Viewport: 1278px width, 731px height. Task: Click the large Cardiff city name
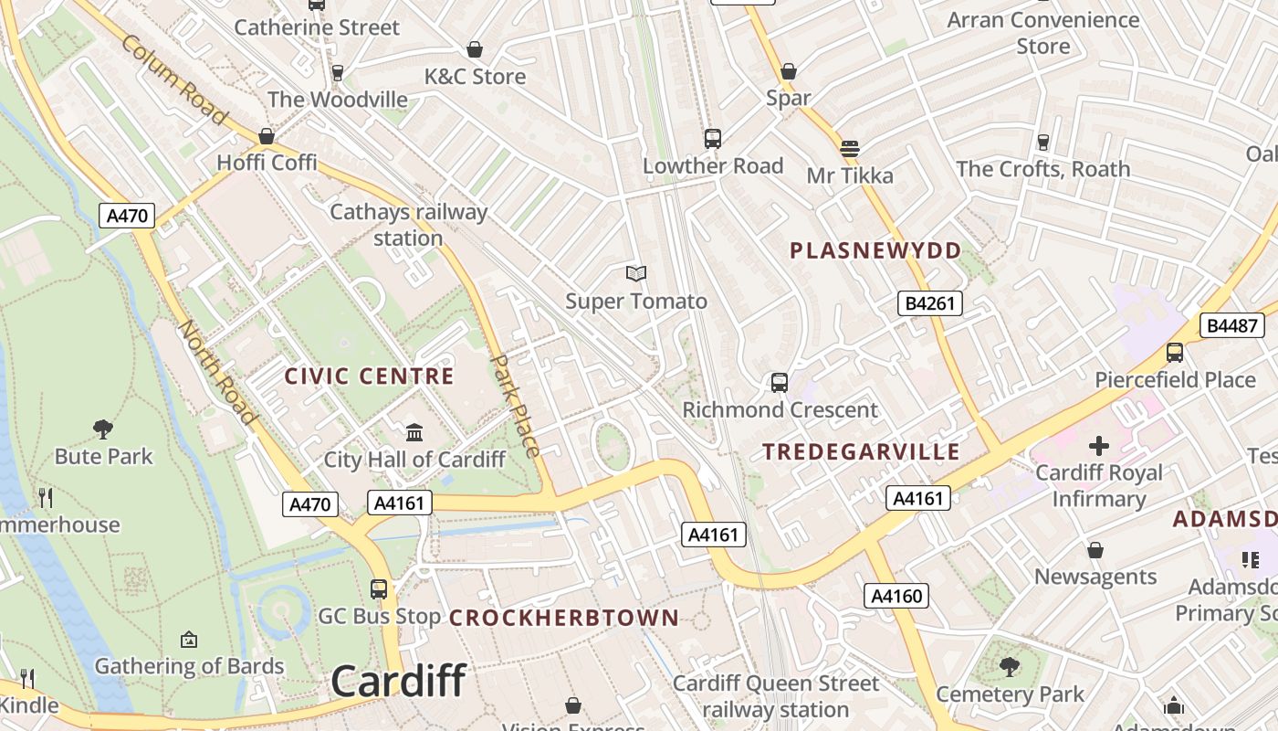[398, 682]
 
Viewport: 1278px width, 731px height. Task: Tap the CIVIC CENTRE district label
[369, 376]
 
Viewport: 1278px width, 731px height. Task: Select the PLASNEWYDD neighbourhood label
[875, 250]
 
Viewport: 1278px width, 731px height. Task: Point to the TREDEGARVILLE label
[861, 451]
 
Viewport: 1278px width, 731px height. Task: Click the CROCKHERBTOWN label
[564, 618]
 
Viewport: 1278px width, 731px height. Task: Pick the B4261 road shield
[930, 303]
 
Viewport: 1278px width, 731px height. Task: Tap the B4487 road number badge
[1231, 325]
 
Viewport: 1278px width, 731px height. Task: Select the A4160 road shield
[896, 597]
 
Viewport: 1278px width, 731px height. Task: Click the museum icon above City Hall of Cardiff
[414, 431]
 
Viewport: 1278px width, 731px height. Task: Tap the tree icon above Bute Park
[103, 428]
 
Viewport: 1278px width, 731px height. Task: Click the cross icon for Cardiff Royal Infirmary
[1099, 446]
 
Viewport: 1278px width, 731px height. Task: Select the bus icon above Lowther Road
[713, 139]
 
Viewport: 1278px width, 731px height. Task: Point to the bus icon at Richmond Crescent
[780, 383]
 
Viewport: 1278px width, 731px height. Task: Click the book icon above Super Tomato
[636, 273]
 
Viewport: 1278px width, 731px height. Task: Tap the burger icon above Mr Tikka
[850, 148]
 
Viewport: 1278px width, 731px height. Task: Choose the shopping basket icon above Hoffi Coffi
[267, 136]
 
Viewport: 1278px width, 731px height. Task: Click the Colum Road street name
[173, 80]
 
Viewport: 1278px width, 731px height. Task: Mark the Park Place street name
[516, 405]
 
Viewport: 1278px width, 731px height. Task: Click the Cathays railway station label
[408, 225]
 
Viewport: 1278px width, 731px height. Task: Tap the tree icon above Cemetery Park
[1010, 667]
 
